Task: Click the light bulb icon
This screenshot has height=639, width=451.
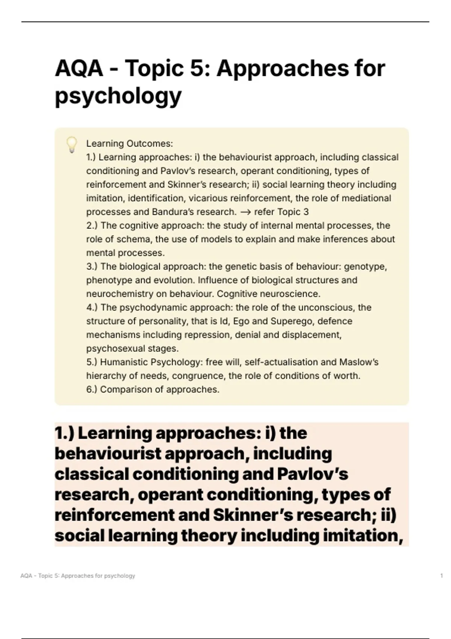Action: click(72, 145)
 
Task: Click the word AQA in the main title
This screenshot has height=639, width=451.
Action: click(79, 69)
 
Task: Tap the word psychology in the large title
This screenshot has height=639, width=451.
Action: click(118, 96)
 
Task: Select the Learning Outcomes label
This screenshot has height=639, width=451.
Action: click(129, 144)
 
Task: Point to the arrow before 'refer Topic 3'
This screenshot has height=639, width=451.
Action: click(245, 212)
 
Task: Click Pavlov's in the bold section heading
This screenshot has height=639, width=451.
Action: click(312, 474)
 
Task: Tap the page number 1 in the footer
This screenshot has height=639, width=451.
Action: click(441, 576)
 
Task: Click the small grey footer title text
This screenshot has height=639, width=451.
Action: click(78, 576)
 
